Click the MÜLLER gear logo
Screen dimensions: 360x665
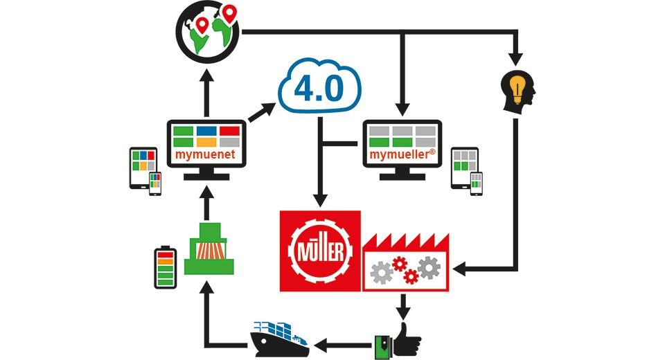(319, 249)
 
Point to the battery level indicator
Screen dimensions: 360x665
(165, 268)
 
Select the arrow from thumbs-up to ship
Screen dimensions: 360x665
(344, 341)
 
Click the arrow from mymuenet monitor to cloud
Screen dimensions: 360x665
(261, 112)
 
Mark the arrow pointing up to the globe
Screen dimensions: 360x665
(206, 87)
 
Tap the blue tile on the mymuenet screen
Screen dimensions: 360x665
(206, 131)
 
